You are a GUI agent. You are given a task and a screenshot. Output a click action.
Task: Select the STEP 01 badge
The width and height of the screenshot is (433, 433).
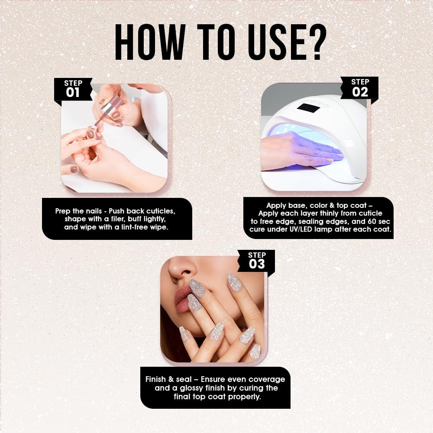[x=73, y=89]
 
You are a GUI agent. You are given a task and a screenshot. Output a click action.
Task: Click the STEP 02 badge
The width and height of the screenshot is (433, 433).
[x=360, y=88]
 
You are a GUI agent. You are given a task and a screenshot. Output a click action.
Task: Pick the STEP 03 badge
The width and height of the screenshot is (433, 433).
[x=256, y=261]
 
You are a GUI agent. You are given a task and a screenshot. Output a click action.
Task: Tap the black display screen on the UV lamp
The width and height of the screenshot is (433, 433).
[x=308, y=107]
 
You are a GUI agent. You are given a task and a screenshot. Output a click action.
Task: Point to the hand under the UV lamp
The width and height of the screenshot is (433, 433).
[x=299, y=152]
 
